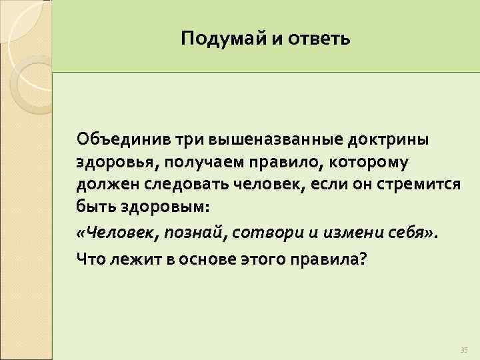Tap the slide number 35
[464, 350]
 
